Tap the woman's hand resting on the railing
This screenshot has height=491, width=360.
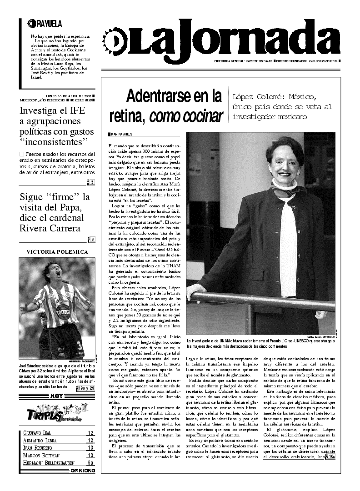197,293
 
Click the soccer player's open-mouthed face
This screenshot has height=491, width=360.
56,275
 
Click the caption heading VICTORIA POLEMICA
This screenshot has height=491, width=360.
57,251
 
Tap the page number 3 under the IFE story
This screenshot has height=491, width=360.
92,183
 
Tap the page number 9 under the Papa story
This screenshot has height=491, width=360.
92,240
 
